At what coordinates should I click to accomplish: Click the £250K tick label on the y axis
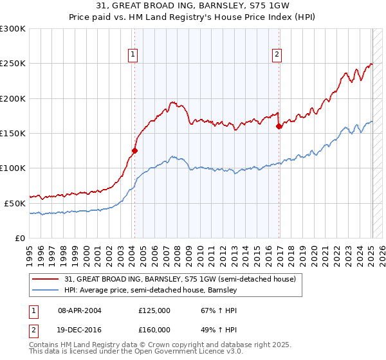coord(13,64)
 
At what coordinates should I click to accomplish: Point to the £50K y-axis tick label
coord(15,203)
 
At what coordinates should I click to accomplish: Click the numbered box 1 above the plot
coord(133,55)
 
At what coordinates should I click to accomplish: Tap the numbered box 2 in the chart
coord(277,55)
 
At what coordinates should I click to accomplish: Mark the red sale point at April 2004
coord(134,151)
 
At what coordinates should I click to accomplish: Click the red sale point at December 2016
coord(279,127)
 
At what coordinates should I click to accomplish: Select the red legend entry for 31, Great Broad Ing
coord(179,280)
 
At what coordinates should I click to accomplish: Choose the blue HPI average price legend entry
coord(151,291)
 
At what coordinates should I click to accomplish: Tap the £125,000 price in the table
coord(154,310)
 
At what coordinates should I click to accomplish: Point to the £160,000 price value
coord(154,329)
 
